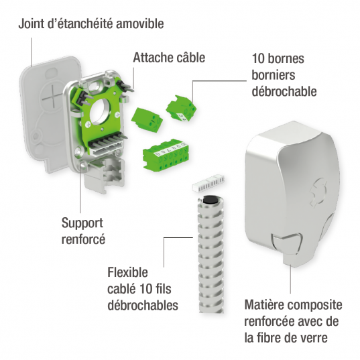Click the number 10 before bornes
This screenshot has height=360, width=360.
pos(259,58)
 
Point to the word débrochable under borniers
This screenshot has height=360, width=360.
pos(284,90)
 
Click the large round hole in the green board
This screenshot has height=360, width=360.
pos(107,109)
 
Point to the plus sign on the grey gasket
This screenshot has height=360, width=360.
pos(50,98)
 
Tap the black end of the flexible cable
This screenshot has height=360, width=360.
pos(210,200)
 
